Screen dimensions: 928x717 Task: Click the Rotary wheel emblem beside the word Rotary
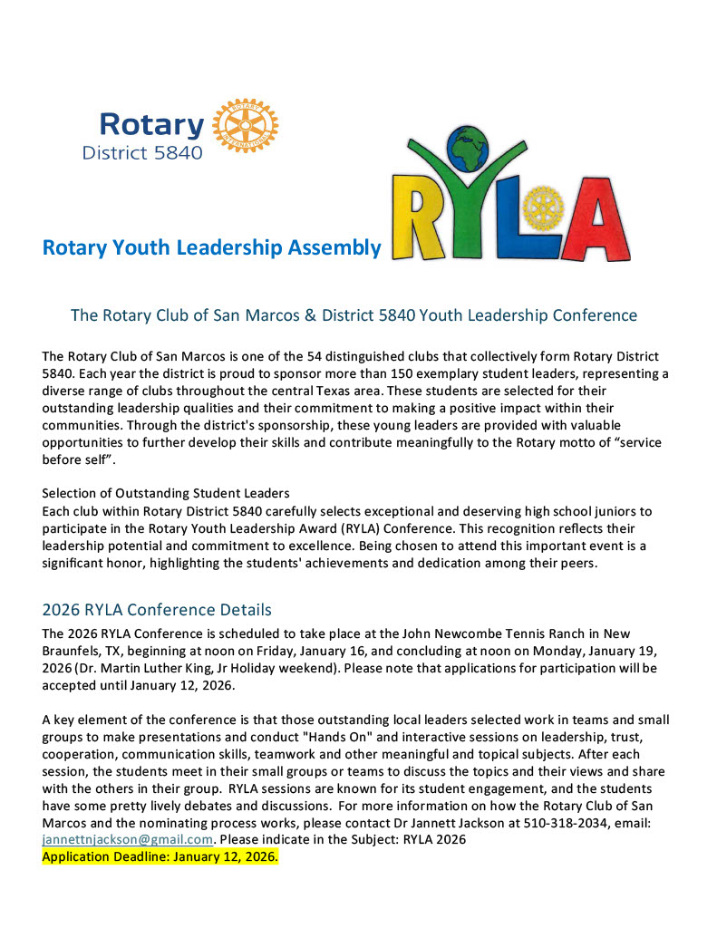(245, 125)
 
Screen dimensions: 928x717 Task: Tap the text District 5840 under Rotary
(142, 153)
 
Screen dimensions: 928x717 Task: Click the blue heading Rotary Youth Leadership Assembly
(211, 247)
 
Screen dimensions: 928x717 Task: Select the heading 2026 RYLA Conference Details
(157, 609)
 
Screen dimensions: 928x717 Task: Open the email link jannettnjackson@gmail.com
(127, 839)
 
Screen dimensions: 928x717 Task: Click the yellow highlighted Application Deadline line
(160, 856)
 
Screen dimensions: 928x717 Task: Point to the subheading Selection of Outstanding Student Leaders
(166, 494)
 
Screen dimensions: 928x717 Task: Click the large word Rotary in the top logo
(151, 125)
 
